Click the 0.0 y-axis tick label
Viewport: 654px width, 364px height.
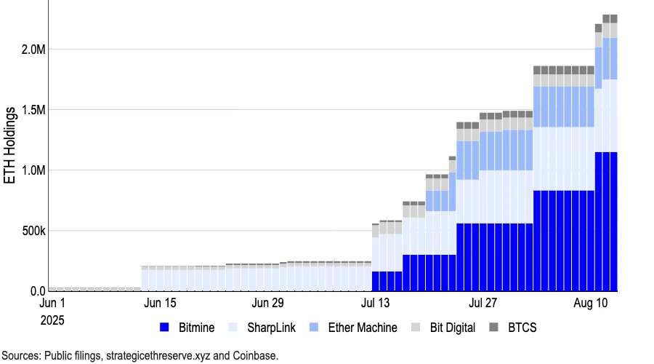pos(33,291)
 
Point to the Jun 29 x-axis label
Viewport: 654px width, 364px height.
pos(267,303)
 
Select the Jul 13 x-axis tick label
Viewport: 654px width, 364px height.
pos(375,303)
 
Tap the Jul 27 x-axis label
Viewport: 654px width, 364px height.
pos(483,303)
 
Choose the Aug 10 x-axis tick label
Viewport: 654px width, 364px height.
pos(591,303)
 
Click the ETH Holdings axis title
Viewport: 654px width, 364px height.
pos(10,146)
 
